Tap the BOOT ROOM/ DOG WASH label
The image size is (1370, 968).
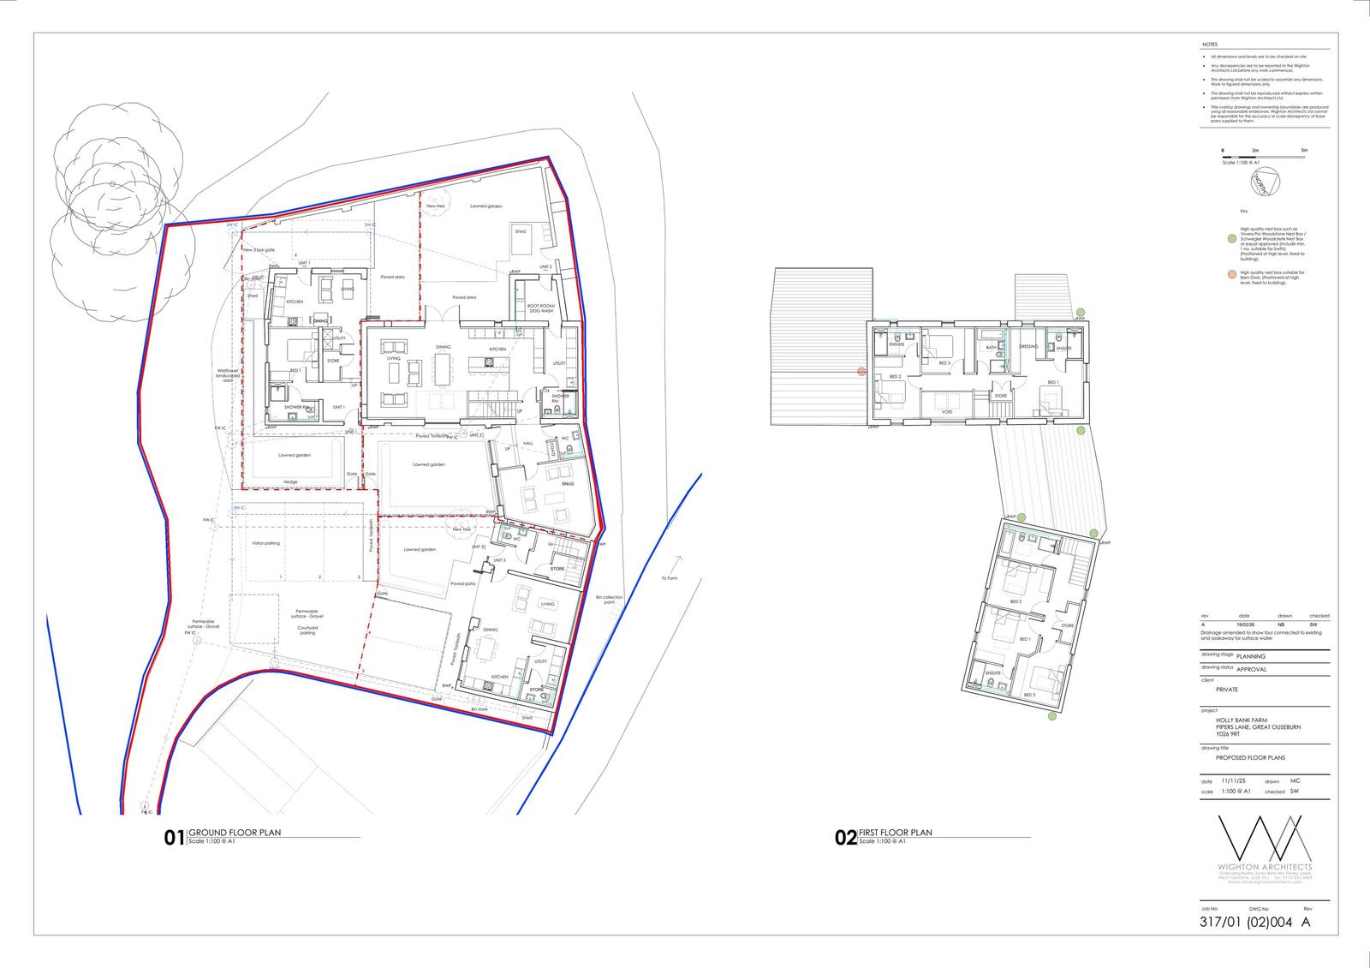click(x=541, y=308)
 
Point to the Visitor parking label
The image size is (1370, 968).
click(x=265, y=543)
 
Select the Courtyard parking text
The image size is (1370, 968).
click(x=307, y=630)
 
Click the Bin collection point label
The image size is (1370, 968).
click(x=609, y=600)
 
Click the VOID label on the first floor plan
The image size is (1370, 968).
click(x=947, y=412)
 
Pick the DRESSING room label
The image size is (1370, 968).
click(x=1028, y=347)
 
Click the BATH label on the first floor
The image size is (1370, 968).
click(x=991, y=348)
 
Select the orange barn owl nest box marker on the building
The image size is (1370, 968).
click(x=862, y=371)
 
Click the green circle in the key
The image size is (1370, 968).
click(x=1230, y=240)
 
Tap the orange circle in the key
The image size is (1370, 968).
click(x=1230, y=274)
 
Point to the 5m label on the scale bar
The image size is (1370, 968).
click(x=1304, y=151)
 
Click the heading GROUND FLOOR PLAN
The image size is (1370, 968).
click(x=235, y=833)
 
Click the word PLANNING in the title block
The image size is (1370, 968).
click(x=1251, y=656)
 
